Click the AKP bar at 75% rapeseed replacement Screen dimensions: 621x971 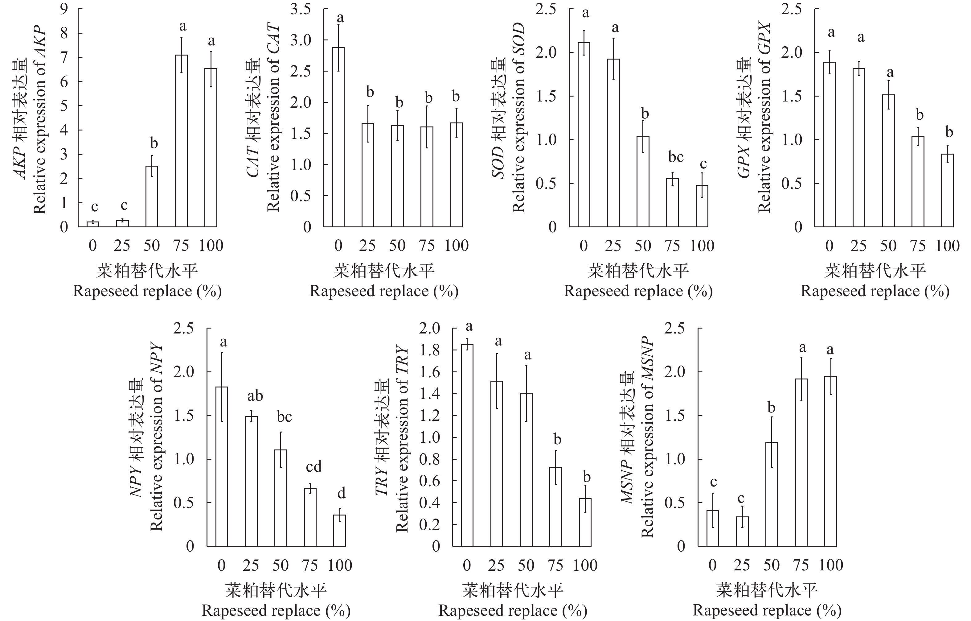[182, 141]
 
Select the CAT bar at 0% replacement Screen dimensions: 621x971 [338, 137]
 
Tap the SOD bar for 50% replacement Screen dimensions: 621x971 [643, 182]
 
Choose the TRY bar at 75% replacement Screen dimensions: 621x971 [556, 507]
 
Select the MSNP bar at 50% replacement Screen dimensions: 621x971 [771, 494]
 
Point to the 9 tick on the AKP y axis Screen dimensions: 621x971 [64, 9]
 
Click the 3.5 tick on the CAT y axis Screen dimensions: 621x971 [301, 9]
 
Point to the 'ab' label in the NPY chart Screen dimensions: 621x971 [255, 396]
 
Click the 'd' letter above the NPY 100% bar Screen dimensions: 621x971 [341, 493]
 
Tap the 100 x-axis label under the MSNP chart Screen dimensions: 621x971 [831, 565]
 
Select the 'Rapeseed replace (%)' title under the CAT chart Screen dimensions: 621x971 [384, 291]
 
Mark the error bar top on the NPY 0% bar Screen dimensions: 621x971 [221, 353]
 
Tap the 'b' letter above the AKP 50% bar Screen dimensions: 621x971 [154, 143]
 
